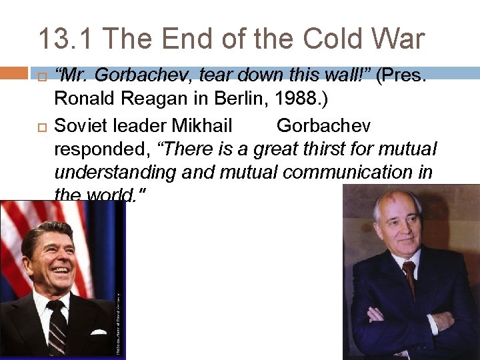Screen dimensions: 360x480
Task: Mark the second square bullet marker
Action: (41, 126)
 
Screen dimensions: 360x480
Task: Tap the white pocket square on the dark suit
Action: (98, 331)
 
